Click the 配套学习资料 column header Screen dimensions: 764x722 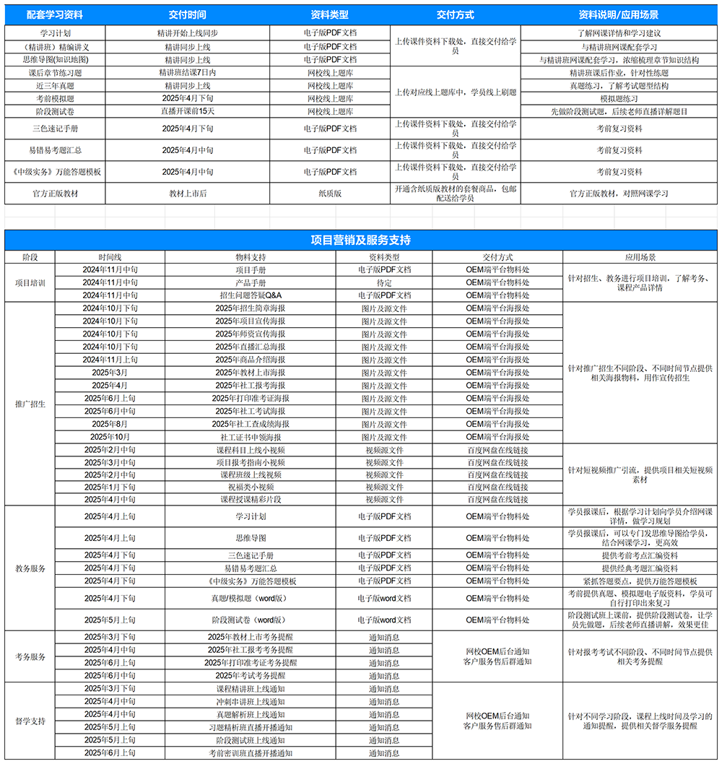54,14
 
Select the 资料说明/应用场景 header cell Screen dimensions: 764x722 619,14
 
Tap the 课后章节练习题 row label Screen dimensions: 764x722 55,72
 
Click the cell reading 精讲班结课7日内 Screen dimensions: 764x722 187,72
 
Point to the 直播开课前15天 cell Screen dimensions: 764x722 187,111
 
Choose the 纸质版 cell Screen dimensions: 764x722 330,194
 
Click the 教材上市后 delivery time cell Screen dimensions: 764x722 187,194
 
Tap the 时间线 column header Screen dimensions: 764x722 110,257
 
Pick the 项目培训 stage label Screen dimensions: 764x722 30,282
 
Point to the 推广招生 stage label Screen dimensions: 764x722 30,404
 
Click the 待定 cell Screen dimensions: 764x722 384,282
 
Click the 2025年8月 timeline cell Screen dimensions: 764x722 110,424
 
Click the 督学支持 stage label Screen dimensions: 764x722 30,721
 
